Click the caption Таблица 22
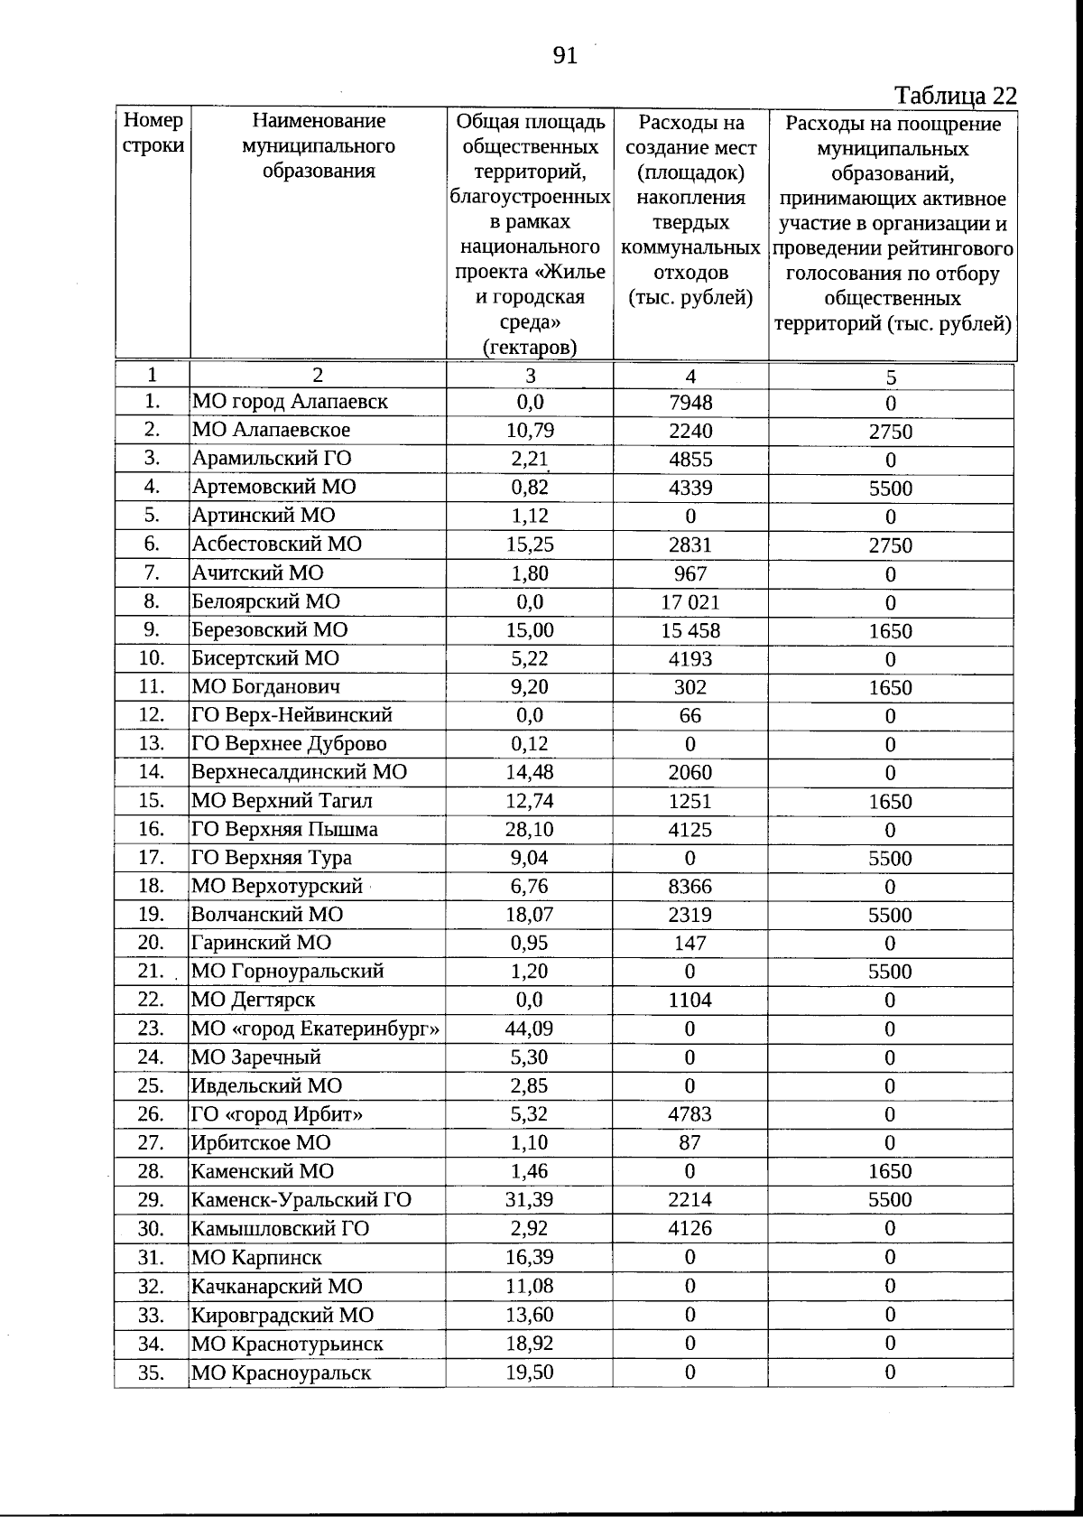(955, 96)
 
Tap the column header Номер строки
(153, 134)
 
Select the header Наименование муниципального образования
(318, 145)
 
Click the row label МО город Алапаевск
(290, 402)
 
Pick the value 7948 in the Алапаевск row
(690, 402)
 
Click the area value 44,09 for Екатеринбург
(529, 1028)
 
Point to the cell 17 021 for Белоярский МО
(690, 602)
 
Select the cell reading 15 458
(690, 630)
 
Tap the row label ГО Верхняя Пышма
(284, 829)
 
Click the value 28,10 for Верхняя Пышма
(529, 829)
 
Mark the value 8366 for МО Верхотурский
(690, 887)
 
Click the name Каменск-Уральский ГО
(301, 1200)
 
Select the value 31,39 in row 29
(529, 1200)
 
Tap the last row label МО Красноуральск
(281, 1373)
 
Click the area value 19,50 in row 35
(529, 1373)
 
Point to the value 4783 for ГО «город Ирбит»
(690, 1114)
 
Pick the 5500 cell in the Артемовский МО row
(890, 489)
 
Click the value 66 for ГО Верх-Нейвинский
(690, 716)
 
